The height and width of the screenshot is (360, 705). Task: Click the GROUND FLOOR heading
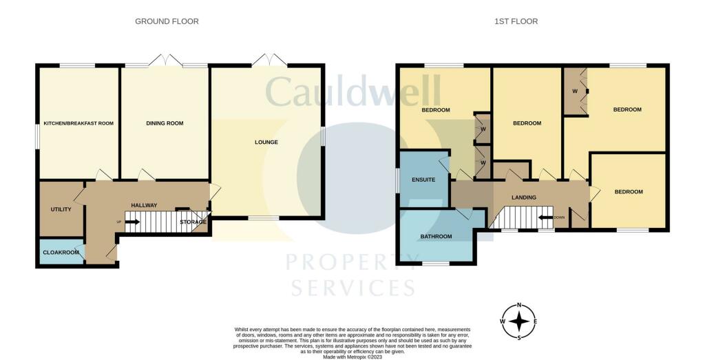point(167,21)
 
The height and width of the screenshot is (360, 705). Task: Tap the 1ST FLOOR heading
point(516,21)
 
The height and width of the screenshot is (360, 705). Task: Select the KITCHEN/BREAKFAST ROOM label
point(78,123)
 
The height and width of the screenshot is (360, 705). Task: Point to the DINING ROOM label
point(165,123)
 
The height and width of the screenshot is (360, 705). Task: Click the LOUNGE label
point(266,142)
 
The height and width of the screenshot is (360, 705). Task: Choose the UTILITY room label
point(61,209)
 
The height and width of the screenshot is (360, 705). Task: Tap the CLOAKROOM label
point(61,253)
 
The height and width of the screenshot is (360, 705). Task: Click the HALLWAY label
point(144,205)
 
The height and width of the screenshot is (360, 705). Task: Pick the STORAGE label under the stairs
point(193,222)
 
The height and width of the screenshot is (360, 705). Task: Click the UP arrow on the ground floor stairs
point(131,222)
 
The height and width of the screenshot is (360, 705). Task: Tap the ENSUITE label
point(423,180)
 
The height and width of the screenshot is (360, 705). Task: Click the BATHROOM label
point(436,236)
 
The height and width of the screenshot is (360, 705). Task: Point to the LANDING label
point(524,198)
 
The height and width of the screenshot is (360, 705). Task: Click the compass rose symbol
point(519,322)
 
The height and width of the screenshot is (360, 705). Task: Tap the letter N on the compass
point(519,306)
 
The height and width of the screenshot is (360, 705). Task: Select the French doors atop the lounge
point(269,60)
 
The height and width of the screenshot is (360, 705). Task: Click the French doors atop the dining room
point(166,60)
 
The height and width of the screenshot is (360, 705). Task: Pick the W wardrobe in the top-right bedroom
point(576,92)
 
